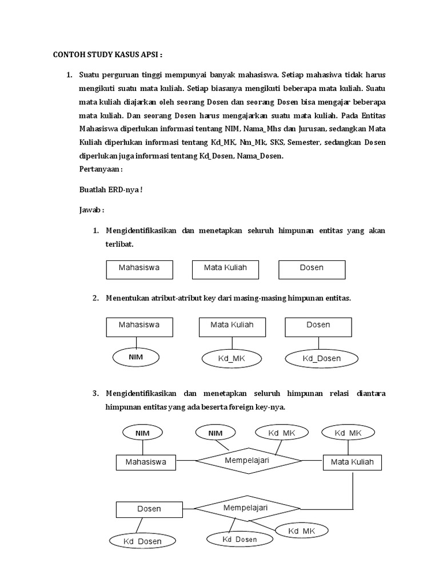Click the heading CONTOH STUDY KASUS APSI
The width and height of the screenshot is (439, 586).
coord(108,55)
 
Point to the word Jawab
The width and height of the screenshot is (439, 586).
coord(91,210)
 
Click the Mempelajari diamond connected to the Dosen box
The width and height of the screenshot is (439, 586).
coord(247,508)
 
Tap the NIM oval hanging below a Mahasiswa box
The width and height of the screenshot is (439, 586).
coord(135,357)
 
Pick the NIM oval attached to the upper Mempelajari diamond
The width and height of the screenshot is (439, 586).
coord(215,433)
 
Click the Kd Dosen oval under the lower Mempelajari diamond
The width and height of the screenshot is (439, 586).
coord(239,539)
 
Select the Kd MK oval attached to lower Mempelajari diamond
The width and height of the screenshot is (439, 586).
coord(301,531)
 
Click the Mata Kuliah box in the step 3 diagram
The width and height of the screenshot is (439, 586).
coord(353,462)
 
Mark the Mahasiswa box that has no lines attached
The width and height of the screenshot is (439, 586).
coord(139,269)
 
